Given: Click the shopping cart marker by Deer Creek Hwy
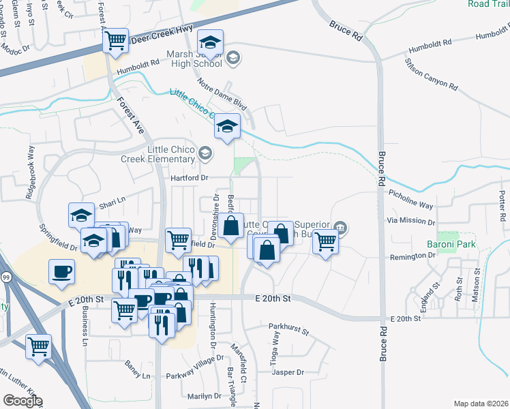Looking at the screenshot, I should point(116,41).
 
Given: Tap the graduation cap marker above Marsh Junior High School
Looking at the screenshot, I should point(211,42).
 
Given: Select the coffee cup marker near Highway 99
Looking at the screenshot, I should point(62,272).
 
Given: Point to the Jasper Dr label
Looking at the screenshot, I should point(287,372).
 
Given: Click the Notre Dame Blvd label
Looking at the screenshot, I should point(222,94).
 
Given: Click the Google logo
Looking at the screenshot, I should point(22,401).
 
